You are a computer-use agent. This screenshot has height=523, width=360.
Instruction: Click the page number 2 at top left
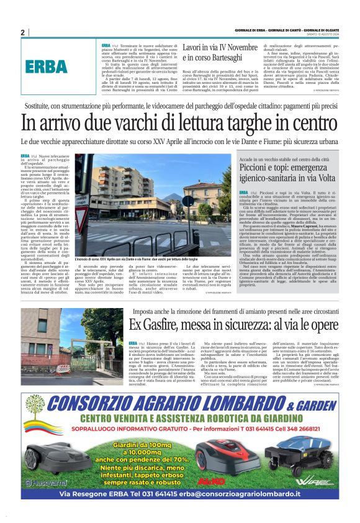pyautogui.click(x=22, y=32)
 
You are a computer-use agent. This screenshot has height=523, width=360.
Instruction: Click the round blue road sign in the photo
pyautogui.click(x=188, y=201)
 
